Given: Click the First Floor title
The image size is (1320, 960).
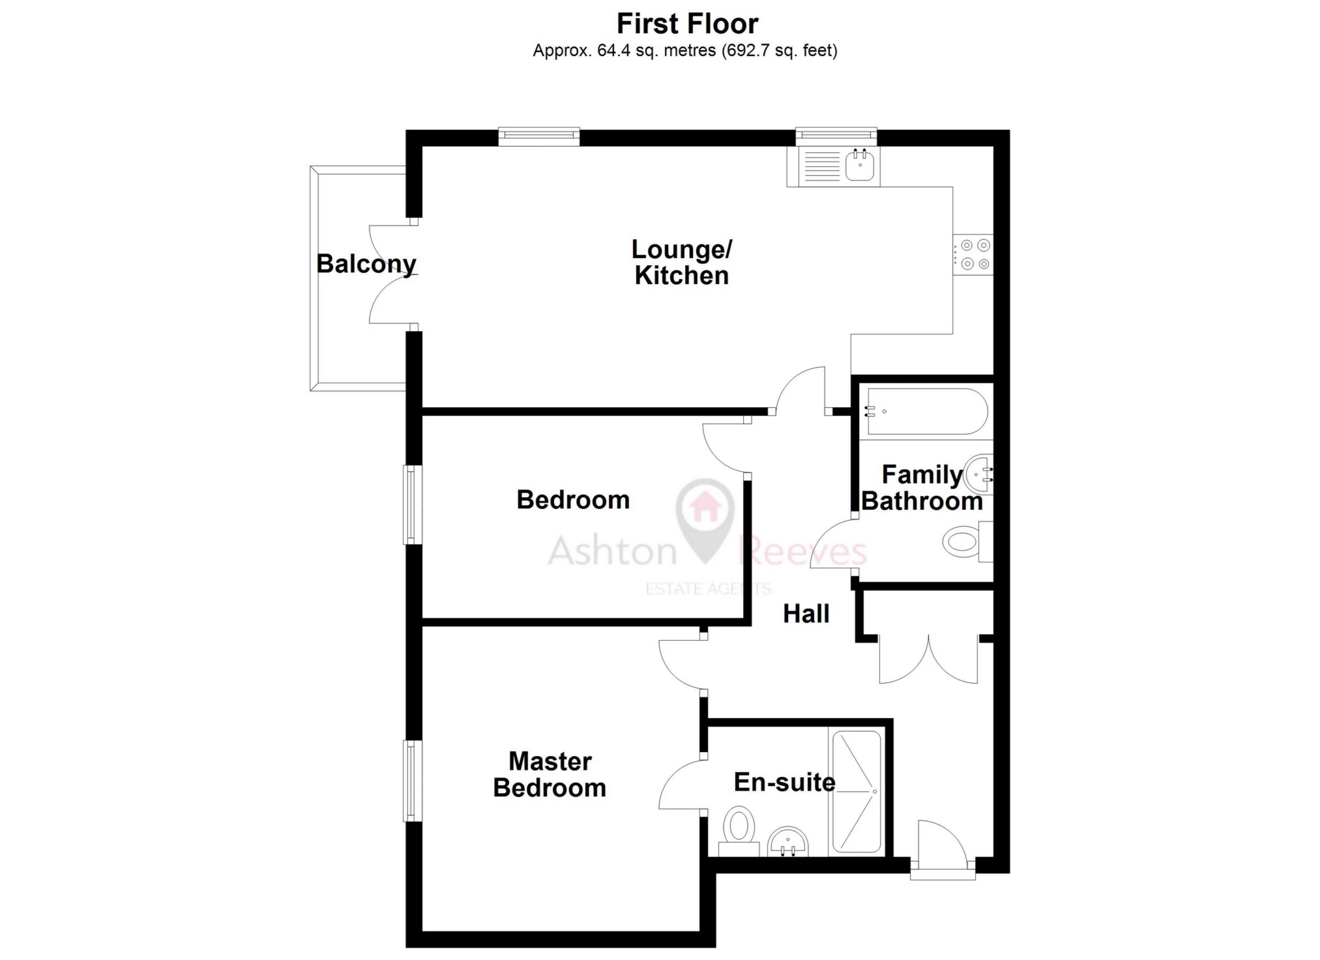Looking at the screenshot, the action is [687, 24].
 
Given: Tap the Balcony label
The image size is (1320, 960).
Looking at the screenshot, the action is [366, 264].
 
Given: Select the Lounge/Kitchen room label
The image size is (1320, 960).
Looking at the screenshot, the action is [682, 262].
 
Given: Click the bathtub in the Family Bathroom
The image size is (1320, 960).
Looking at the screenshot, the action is [926, 411].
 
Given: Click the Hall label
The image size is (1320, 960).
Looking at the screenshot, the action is [806, 613].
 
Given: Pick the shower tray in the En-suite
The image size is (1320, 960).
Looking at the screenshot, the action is [855, 792].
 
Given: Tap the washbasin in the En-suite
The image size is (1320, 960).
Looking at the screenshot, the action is [788, 842].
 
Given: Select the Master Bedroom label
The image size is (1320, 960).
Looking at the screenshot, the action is [550, 774].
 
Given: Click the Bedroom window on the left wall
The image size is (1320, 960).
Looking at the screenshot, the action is [413, 504].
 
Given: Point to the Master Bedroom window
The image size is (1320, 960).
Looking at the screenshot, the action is [413, 781].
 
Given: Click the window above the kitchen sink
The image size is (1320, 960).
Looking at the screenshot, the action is [836, 136].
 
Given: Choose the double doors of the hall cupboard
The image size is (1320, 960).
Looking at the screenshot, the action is [928, 658].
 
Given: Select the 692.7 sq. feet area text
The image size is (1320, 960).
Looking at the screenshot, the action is [780, 50].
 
